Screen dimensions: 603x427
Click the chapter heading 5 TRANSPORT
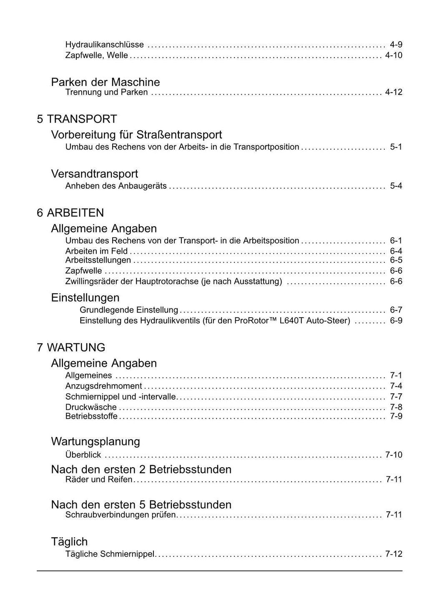(77, 119)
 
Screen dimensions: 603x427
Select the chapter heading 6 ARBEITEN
(70, 213)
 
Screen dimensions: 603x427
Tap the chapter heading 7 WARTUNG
(71, 348)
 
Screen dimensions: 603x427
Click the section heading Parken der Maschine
(105, 82)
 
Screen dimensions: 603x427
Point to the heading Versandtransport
(94, 174)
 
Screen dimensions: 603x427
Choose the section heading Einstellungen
(85, 298)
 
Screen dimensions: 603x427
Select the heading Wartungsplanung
(95, 441)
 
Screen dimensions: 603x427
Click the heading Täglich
(69, 542)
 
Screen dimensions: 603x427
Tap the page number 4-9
(396, 45)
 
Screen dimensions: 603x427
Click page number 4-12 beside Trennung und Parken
(393, 92)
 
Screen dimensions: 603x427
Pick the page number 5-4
(396, 186)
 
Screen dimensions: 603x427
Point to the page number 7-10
(393, 455)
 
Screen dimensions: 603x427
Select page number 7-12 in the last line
(393, 554)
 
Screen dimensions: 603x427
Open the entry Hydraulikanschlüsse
(104, 45)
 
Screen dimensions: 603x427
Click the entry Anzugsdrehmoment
(103, 386)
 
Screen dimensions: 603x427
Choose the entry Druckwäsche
(91, 407)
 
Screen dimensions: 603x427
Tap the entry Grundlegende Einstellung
(128, 310)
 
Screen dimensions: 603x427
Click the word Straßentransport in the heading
(179, 135)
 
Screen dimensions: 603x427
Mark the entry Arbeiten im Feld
(96, 251)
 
